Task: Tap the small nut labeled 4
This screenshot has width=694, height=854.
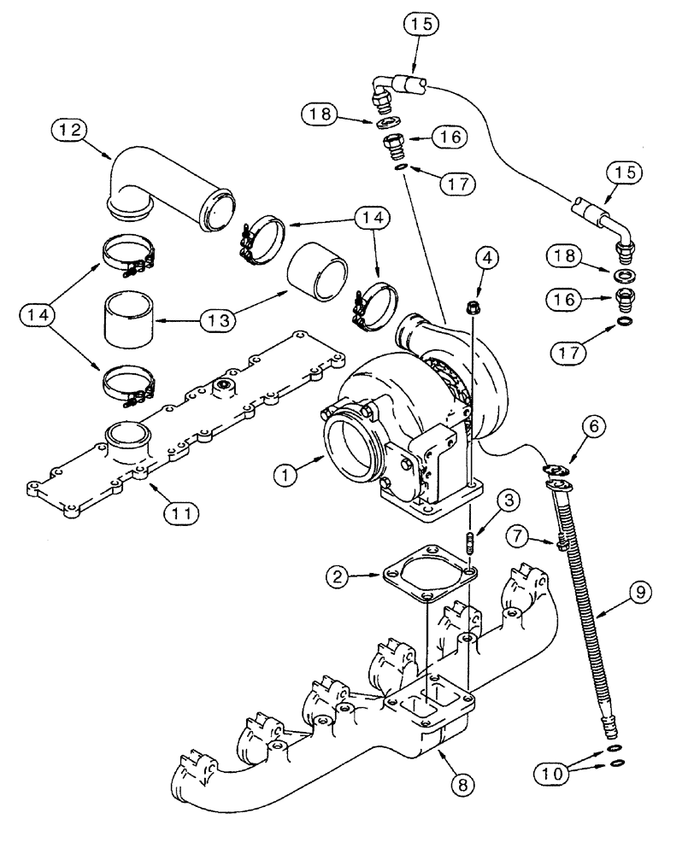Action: [473, 306]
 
